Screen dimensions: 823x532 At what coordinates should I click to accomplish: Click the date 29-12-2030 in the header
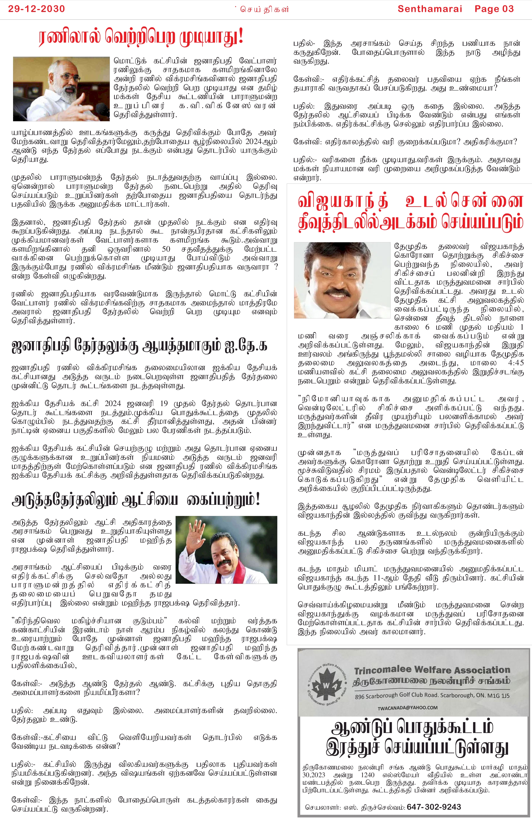36,9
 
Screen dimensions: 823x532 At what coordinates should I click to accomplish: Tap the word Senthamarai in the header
429,9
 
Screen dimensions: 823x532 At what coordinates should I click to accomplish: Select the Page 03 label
494,9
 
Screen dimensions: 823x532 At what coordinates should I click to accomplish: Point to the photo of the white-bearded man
61,89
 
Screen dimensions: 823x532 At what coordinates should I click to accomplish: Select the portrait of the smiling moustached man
342,280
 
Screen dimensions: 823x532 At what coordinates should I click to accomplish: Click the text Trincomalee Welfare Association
432,670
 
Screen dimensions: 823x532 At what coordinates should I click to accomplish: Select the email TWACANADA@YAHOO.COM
407,707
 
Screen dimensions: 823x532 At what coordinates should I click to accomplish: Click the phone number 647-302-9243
434,807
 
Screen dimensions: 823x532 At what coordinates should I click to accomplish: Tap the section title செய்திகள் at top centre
264,9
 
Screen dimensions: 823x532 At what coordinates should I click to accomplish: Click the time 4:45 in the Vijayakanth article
516,363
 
